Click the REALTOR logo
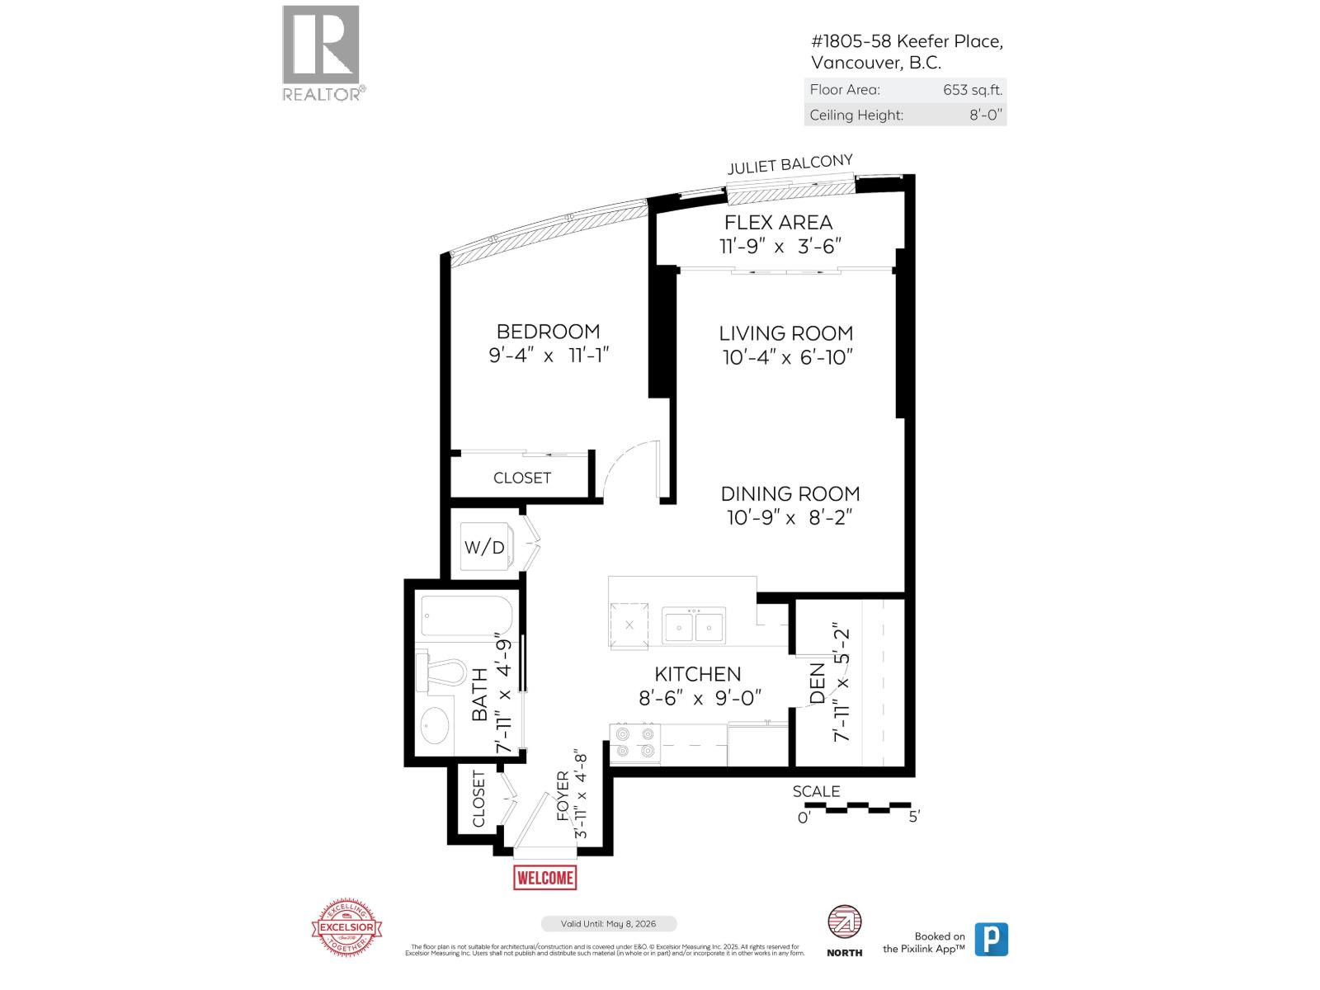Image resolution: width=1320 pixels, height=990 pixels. [321, 52]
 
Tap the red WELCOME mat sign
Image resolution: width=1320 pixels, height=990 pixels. [544, 877]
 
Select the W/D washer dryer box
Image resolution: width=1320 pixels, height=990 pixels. [484, 547]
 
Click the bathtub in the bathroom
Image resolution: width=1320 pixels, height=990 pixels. [467, 615]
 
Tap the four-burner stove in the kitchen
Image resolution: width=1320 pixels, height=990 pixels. [634, 742]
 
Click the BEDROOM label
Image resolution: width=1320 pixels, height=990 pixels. [548, 332]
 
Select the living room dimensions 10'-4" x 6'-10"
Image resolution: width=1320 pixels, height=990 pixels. [785, 357]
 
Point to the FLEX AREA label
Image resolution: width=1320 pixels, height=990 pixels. [778, 223]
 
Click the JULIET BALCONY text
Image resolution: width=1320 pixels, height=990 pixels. [790, 164]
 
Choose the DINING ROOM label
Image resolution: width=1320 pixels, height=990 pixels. [790, 493]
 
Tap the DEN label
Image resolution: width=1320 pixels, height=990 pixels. [818, 683]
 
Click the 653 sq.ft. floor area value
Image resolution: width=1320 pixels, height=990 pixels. [973, 90]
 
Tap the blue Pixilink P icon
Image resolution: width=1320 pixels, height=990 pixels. [991, 939]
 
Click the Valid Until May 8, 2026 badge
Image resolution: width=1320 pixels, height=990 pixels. [609, 924]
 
